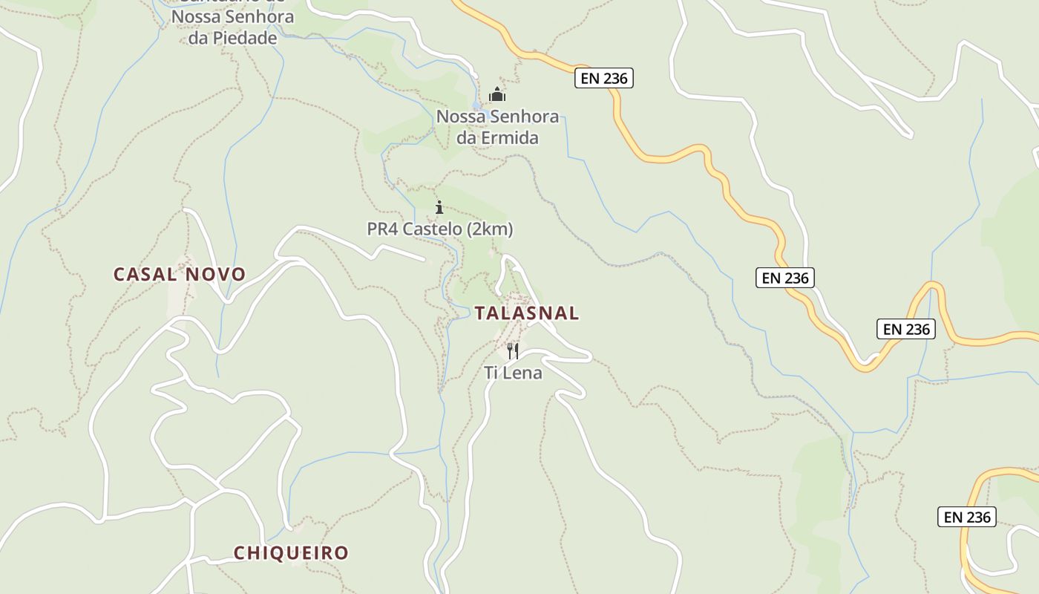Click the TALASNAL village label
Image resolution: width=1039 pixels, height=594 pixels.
click(x=526, y=313)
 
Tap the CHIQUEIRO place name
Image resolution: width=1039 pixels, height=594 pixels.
click(x=291, y=553)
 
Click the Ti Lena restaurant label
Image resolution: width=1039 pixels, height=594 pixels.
click(x=513, y=373)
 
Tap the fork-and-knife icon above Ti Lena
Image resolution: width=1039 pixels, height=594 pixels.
click(x=513, y=350)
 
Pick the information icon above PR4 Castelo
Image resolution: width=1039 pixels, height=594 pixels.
click(x=439, y=207)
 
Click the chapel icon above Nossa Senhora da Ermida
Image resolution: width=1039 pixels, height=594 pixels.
click(x=497, y=94)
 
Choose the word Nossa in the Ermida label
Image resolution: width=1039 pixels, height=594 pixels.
click(x=459, y=117)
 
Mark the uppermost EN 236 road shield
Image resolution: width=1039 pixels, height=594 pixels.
click(x=603, y=78)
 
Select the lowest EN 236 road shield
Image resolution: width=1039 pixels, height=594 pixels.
click(x=966, y=517)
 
